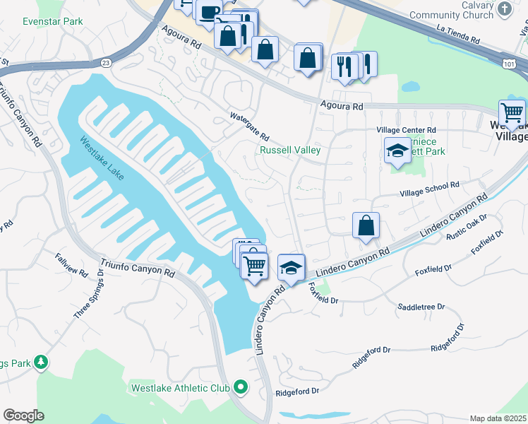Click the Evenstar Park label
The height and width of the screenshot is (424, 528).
click(x=52, y=21)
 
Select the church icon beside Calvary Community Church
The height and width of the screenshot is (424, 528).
click(x=505, y=8)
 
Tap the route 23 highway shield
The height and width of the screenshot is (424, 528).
click(x=105, y=61)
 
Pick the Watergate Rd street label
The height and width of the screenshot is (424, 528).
click(x=250, y=126)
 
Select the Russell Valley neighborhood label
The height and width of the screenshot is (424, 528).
click(x=290, y=150)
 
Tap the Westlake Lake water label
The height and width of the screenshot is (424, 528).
click(x=102, y=157)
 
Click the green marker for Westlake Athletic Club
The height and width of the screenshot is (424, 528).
click(x=241, y=387)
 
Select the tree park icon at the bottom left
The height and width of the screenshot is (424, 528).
click(x=42, y=363)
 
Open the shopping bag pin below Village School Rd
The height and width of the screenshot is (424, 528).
click(x=366, y=226)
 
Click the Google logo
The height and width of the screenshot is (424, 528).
click(x=23, y=415)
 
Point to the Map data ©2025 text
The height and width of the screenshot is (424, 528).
click(x=498, y=418)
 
